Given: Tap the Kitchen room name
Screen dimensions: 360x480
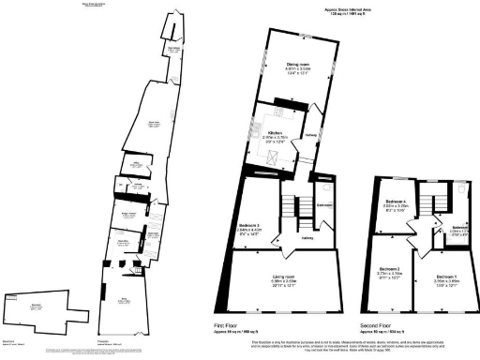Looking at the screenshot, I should point(276,133).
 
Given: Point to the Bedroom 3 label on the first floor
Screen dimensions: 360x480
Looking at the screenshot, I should point(248,226).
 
